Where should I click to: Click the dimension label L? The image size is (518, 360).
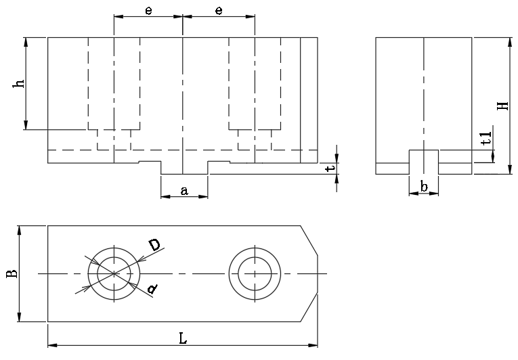183,338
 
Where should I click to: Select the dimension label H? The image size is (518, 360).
502,106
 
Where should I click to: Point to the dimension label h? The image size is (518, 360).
20,83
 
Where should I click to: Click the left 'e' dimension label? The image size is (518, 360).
148,10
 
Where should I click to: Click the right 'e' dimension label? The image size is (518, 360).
219,10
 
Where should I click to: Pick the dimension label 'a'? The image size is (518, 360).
184,190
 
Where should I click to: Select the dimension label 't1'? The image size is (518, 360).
485,140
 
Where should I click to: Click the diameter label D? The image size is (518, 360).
155,245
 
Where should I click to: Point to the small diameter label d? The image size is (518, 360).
153,290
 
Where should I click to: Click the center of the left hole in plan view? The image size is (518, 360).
114,273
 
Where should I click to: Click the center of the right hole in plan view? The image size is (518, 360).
255,273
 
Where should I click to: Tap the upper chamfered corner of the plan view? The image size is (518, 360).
309,240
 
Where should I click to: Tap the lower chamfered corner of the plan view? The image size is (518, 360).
309,309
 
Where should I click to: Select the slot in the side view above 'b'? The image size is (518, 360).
423,162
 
